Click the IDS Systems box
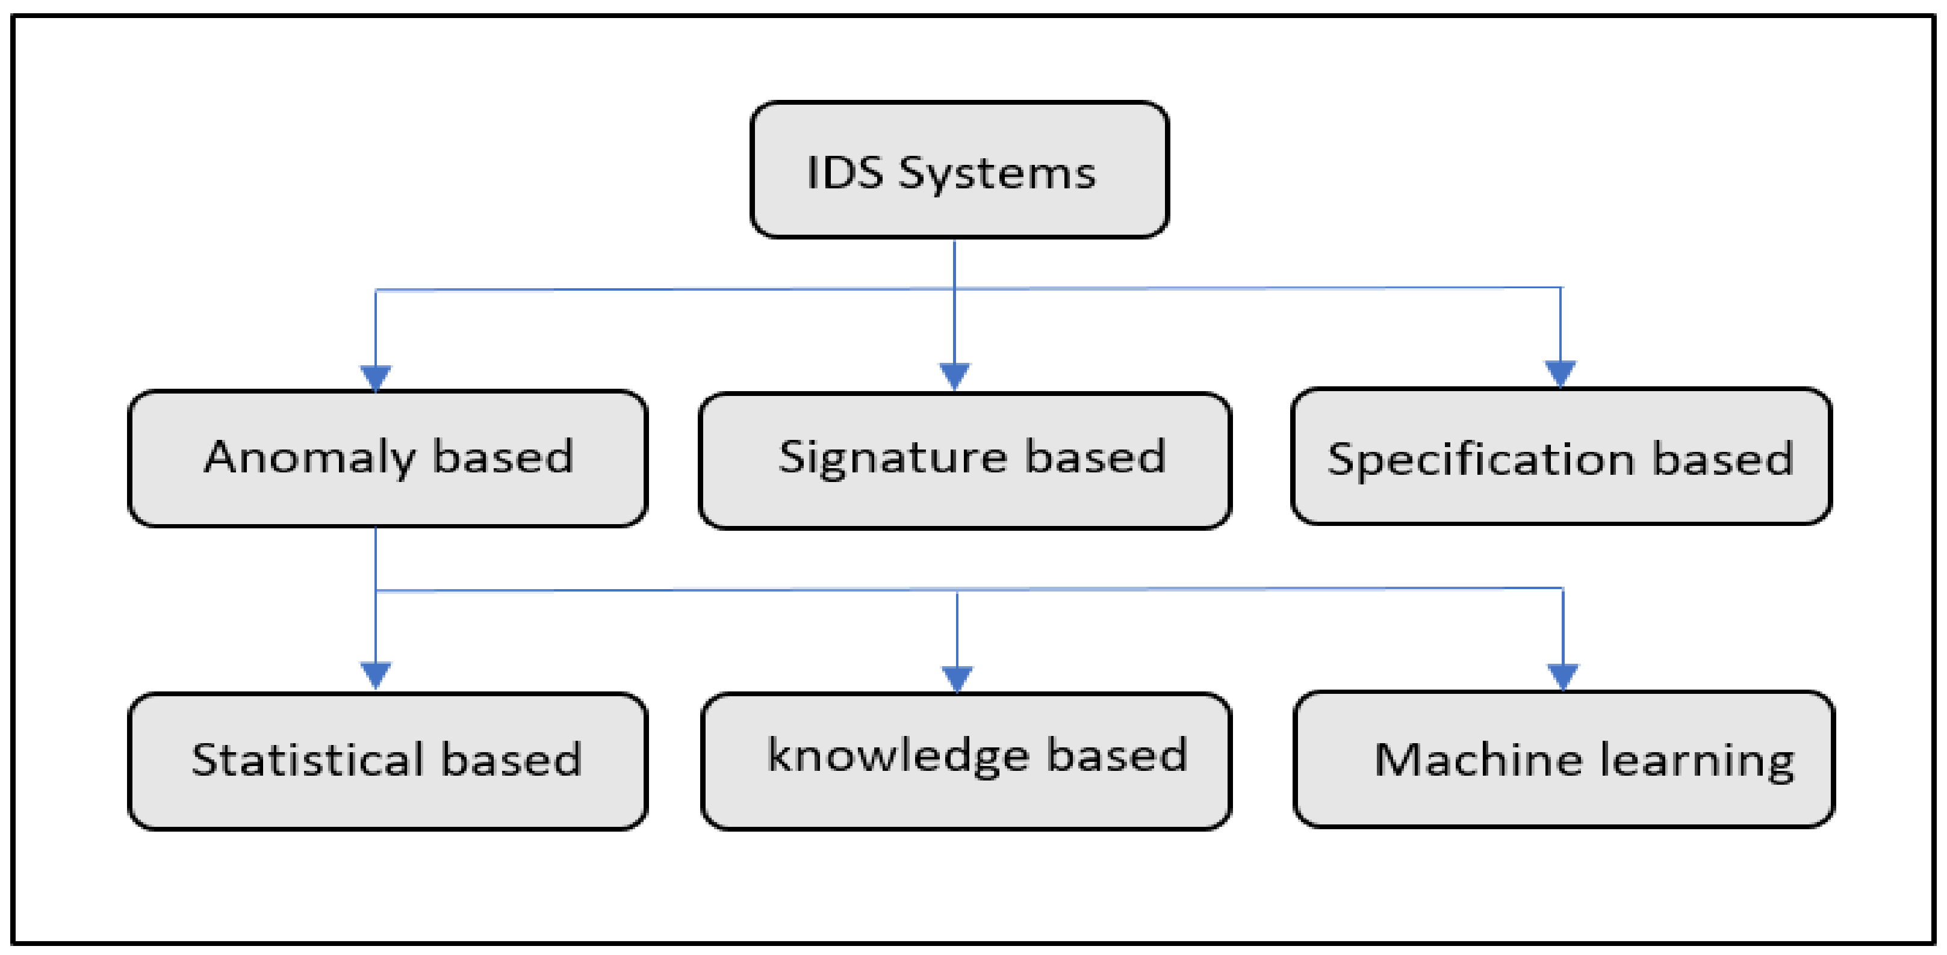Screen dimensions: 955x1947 pyautogui.click(x=958, y=170)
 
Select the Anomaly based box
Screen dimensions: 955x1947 pyautogui.click(x=387, y=458)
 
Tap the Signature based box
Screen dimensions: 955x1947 pyautogui.click(x=964, y=460)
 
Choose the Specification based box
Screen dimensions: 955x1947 pyautogui.click(x=1560, y=456)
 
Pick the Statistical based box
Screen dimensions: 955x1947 pyautogui.click(x=387, y=760)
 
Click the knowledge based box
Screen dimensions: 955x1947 pyautogui.click(x=966, y=760)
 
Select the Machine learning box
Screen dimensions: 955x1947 pyautogui.click(x=1563, y=759)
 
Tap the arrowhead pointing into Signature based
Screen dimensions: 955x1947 pyautogui.click(x=954, y=376)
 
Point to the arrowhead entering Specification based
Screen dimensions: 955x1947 pyautogui.click(x=1560, y=373)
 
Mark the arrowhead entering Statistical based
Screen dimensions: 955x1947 pyautogui.click(x=376, y=674)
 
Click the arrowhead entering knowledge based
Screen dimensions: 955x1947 pyautogui.click(x=957, y=678)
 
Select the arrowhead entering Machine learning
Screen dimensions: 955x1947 pyautogui.click(x=1562, y=675)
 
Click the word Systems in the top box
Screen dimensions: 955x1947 pyautogui.click(x=996, y=174)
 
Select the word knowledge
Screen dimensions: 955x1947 pyautogui.click(x=897, y=756)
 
